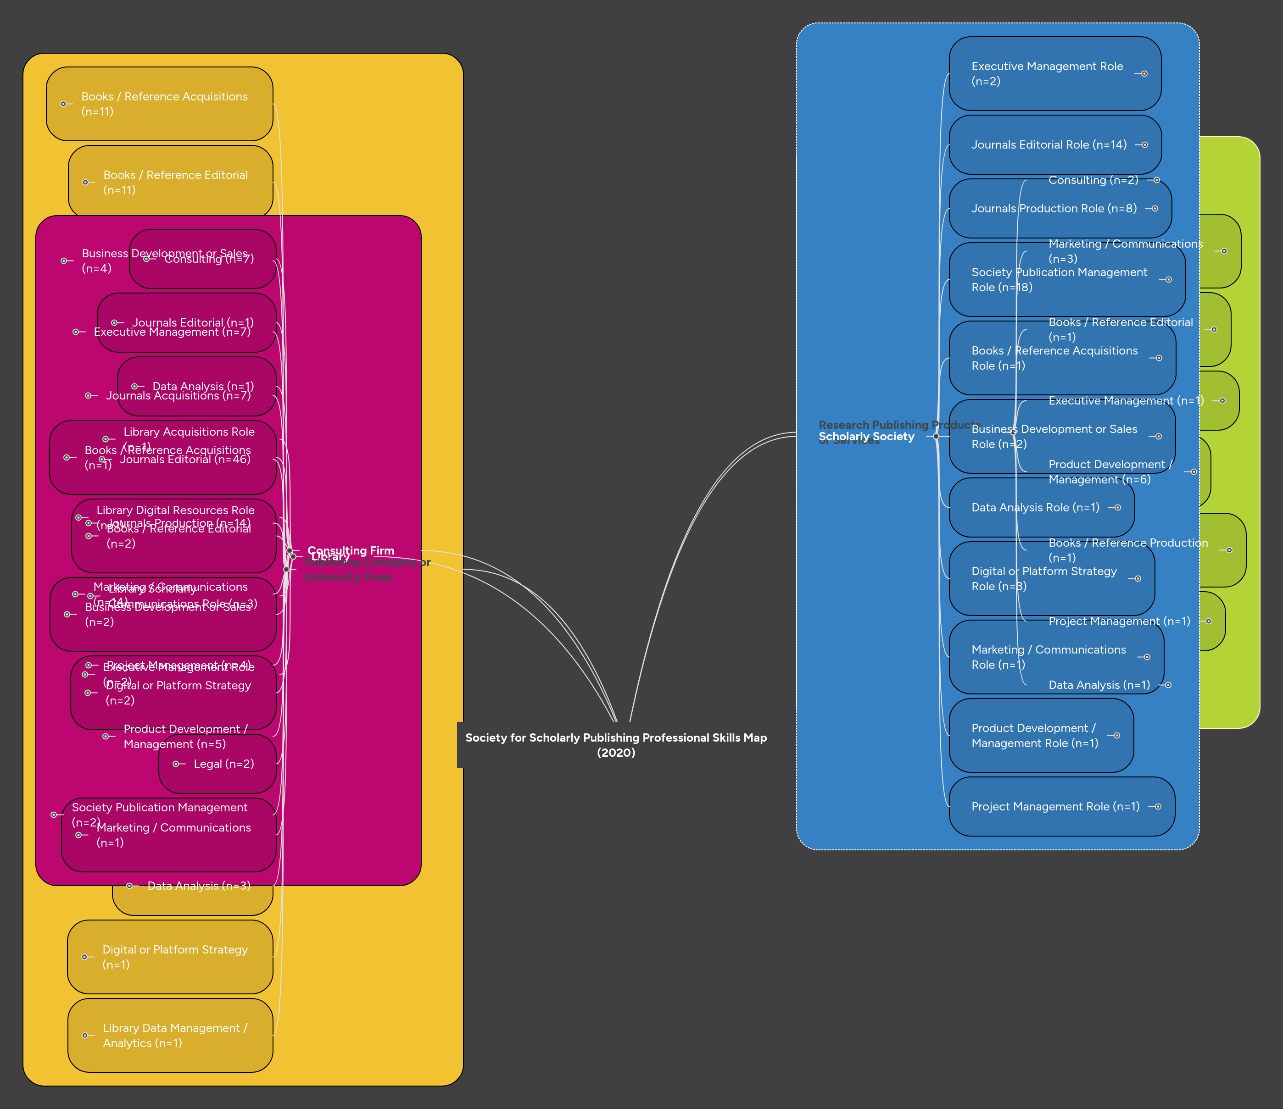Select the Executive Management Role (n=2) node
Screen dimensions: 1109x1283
(x=1047, y=74)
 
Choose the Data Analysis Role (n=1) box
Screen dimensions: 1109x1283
(x=1035, y=507)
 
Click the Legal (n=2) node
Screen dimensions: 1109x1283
(x=223, y=764)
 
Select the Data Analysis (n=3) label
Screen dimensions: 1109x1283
(x=199, y=886)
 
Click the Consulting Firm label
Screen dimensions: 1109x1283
(x=351, y=550)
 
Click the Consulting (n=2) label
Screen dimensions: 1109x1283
(x=1093, y=180)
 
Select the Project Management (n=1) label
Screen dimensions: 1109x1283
(x=1119, y=621)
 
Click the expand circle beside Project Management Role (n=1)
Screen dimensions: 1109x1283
(x=1158, y=806)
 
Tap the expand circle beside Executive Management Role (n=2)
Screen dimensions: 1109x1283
(x=1144, y=74)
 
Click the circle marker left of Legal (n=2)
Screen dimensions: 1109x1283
(x=176, y=764)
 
